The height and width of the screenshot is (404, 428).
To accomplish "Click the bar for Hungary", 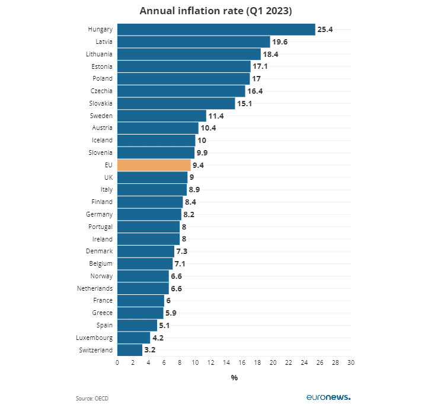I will pos(216,29).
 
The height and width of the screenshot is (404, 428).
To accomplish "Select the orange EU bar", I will pos(154,165).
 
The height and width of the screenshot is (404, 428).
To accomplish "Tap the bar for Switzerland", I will pos(130,350).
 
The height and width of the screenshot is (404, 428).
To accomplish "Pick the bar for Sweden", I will pos(161,116).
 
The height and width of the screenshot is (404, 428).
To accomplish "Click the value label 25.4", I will pos(324,29).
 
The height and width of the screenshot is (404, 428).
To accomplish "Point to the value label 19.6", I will pos(279,42).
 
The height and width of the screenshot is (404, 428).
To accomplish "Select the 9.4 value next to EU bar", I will pos(199,165).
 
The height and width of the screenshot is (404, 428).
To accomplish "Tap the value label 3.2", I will pos(150,350).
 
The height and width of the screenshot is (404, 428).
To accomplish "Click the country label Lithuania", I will pos(99,54).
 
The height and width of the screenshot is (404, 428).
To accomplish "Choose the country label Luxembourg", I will pos(95,338).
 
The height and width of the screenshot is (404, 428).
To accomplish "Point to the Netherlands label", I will pos(95,288).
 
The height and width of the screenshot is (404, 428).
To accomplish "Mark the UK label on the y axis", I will pos(108,177).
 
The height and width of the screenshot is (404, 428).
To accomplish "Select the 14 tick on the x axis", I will pos(226,362).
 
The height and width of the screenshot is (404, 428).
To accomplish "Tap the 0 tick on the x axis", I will pos(117,362).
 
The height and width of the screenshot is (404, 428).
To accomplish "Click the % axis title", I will pos(234,377).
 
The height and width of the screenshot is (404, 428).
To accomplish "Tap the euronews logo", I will pos(328,397).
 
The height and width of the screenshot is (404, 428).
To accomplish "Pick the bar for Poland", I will pos(183,78).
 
